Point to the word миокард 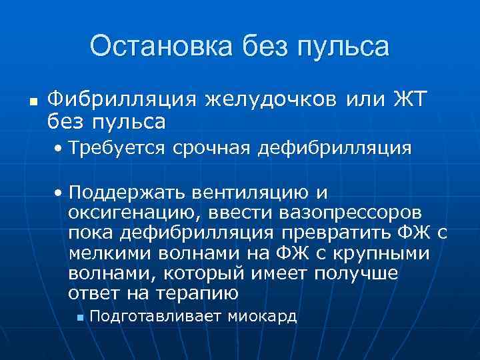coord(262,317)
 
